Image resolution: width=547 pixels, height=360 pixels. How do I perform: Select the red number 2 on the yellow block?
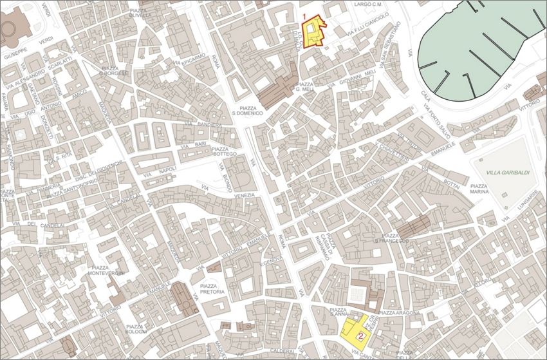pyautogui.click(x=361, y=336)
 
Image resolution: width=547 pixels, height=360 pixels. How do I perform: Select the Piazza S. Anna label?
pyautogui.click(x=339, y=312)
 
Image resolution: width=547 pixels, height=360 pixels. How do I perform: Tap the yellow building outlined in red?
pyautogui.click(x=314, y=32)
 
